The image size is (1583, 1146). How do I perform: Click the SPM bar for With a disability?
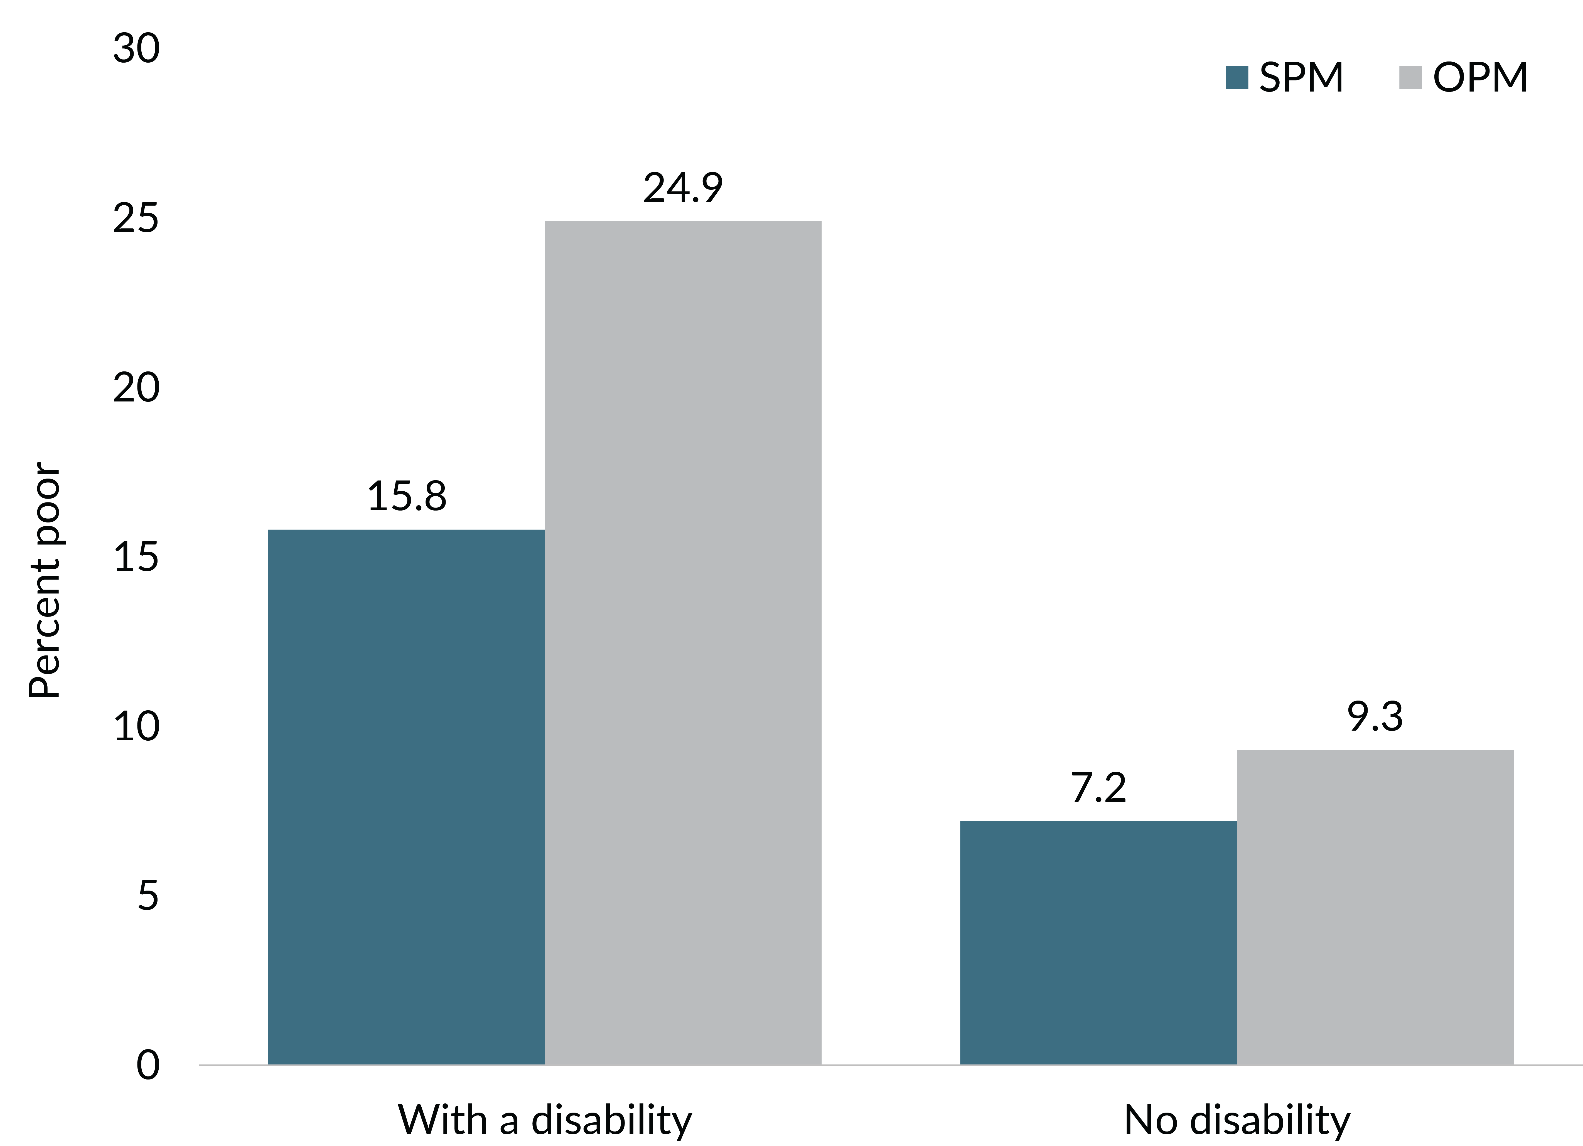[406, 797]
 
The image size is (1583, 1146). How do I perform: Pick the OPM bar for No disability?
[1375, 907]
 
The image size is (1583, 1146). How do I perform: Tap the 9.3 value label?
[1375, 717]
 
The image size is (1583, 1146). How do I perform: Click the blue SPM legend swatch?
[1236, 77]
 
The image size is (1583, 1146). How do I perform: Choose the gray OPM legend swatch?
[1410, 77]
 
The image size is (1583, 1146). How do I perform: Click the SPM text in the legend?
[1301, 77]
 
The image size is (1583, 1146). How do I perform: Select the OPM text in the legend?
[1480, 77]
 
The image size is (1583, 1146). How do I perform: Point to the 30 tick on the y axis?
[136, 49]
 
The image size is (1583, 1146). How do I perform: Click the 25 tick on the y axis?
[136, 218]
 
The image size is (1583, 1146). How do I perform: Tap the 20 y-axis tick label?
[136, 388]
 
